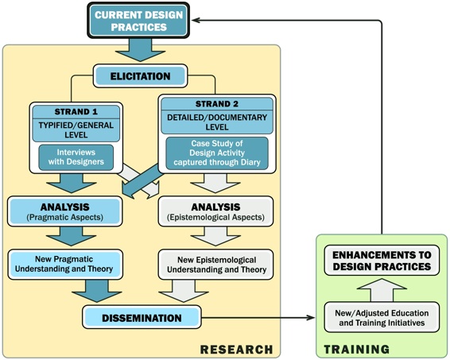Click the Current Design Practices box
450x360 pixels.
pyautogui.click(x=138, y=21)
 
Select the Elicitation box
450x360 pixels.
pyautogui.click(x=141, y=76)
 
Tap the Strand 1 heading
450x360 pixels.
pyautogui.click(x=76, y=111)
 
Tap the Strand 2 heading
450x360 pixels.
pyautogui.click(x=217, y=104)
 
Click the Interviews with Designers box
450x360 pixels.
pyautogui.click(x=76, y=157)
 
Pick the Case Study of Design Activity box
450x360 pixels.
pyautogui.click(x=217, y=153)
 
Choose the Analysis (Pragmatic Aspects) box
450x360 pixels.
pyautogui.click(x=65, y=211)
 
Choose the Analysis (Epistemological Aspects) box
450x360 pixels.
pyautogui.click(x=215, y=211)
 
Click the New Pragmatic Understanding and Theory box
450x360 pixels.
pyautogui.click(x=65, y=264)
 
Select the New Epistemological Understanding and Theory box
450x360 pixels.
pyautogui.click(x=215, y=265)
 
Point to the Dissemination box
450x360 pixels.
pyautogui.click(x=142, y=317)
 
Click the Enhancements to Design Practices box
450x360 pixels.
pyautogui.click(x=382, y=261)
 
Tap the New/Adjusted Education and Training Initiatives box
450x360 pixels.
pyautogui.click(x=382, y=317)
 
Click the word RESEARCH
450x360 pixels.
pyautogui.click(x=236, y=350)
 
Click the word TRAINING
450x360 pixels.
pyautogui.click(x=357, y=350)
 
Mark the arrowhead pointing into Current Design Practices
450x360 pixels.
pyautogui.click(x=196, y=21)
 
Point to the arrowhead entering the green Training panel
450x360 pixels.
pyautogui.click(x=311, y=318)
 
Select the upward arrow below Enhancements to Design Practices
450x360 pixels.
pyautogui.click(x=382, y=290)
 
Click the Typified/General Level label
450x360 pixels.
pyautogui.click(x=76, y=130)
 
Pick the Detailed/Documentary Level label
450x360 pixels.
pyautogui.click(x=217, y=122)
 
